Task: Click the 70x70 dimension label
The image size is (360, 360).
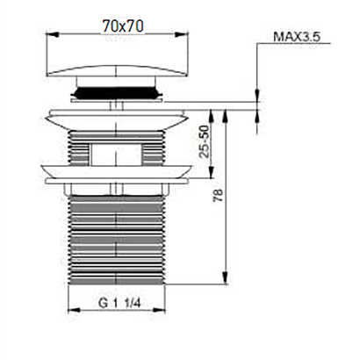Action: [x=123, y=26]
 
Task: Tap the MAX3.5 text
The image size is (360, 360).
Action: [x=297, y=37]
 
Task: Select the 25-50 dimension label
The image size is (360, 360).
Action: [x=205, y=141]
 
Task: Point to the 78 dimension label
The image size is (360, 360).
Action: [x=219, y=196]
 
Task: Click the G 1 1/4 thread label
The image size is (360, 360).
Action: [x=119, y=303]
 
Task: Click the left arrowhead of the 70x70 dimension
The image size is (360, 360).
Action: [x=54, y=34]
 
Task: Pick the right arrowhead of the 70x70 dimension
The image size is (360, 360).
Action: [x=182, y=34]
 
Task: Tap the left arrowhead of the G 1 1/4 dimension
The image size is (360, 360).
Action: [x=74, y=310]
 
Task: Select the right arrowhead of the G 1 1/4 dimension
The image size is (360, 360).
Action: [x=159, y=310]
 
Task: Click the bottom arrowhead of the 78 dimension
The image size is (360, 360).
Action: [x=225, y=277]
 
